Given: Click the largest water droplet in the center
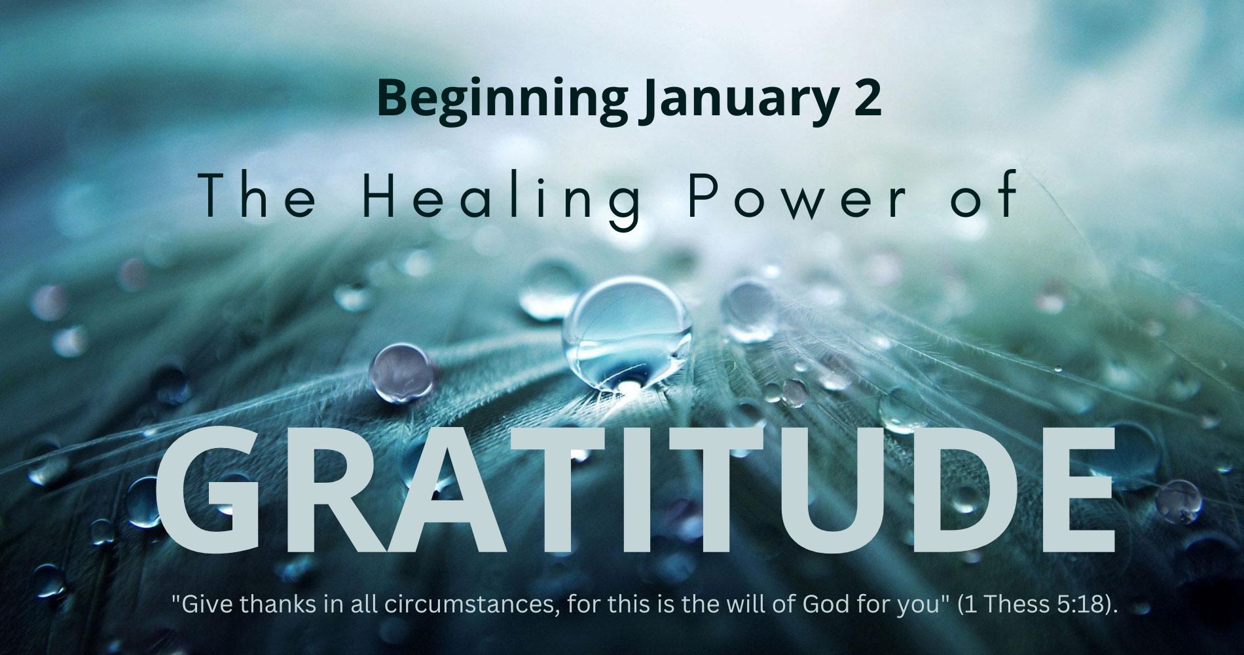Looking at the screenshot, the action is click(627, 334).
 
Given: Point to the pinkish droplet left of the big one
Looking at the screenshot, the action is click(402, 371).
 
